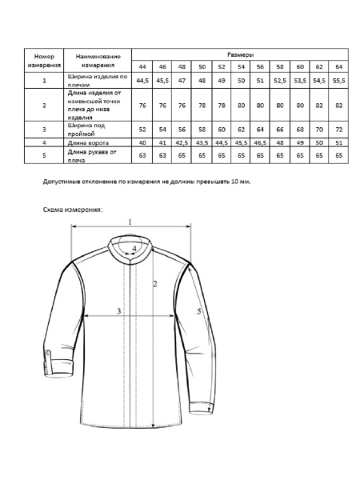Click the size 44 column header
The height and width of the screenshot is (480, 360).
[x=143, y=66]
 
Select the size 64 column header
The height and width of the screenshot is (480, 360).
[x=339, y=66]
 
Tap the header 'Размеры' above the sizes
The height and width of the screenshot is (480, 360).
[x=241, y=54]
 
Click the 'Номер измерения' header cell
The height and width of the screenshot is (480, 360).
[x=45, y=60]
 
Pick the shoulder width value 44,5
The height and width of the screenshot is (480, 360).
[x=143, y=81]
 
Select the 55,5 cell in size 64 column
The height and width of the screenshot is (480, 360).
[x=339, y=81]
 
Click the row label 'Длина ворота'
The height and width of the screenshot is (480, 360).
[x=87, y=142]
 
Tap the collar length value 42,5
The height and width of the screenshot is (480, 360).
[x=182, y=142]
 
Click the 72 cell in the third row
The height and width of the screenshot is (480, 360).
[x=339, y=129]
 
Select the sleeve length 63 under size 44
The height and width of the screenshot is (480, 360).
[x=143, y=154]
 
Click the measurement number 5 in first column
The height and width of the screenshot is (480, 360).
[x=45, y=154]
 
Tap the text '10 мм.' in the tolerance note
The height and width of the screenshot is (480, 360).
[x=238, y=182]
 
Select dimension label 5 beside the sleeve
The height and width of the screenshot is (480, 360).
[x=198, y=311]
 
